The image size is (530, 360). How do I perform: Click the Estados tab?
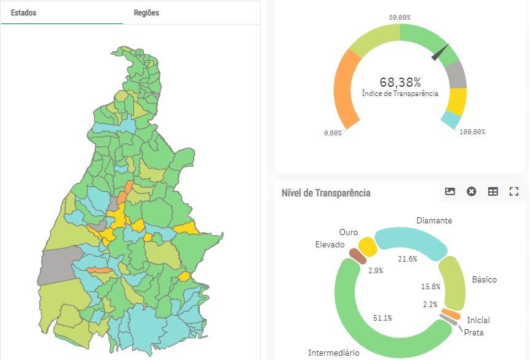click(23, 12)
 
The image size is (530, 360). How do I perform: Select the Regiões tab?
click(146, 12)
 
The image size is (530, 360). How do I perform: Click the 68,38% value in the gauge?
click(400, 82)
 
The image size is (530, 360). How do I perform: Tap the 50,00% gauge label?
click(400, 17)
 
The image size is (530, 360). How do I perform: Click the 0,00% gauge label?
click(333, 133)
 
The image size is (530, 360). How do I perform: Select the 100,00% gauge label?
click(472, 132)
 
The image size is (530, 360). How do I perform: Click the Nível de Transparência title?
click(326, 193)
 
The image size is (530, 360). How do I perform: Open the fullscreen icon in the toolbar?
click(514, 191)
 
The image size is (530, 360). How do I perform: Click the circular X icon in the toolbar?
click(472, 191)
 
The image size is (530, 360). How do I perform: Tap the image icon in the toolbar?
click(450, 191)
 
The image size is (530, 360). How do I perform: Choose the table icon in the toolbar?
click(492, 191)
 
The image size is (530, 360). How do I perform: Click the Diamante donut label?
click(434, 220)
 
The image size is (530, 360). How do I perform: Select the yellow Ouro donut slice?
click(368, 246)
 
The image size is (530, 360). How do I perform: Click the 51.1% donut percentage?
click(383, 318)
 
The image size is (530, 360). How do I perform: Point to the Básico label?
click(484, 279)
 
